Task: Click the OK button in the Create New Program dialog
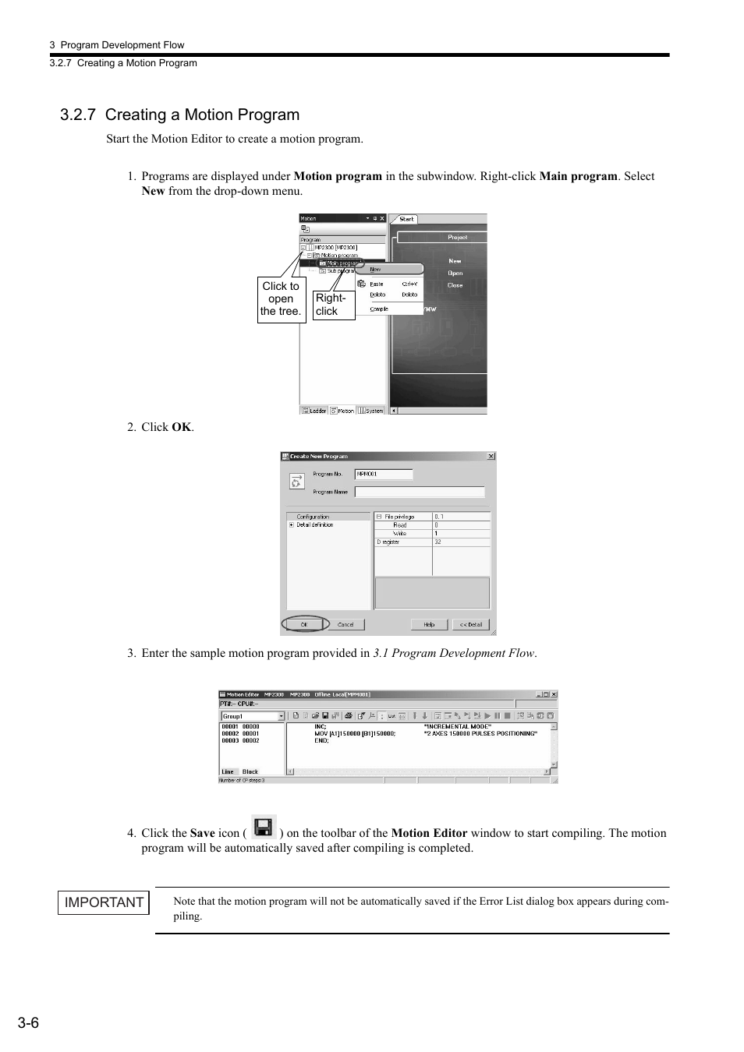click(305, 624)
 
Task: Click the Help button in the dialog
click(429, 624)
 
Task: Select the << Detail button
click(470, 624)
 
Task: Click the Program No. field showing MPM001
click(384, 474)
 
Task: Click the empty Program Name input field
click(420, 492)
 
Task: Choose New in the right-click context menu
click(375, 269)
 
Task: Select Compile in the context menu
click(379, 309)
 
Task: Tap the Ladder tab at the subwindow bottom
click(315, 410)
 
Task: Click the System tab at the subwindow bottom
click(372, 410)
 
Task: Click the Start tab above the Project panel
click(406, 219)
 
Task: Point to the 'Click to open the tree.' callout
click(281, 298)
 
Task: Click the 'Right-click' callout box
click(333, 304)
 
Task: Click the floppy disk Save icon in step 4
click(264, 827)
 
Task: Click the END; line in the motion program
click(321, 740)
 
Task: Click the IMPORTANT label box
click(104, 902)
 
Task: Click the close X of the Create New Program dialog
click(491, 456)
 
